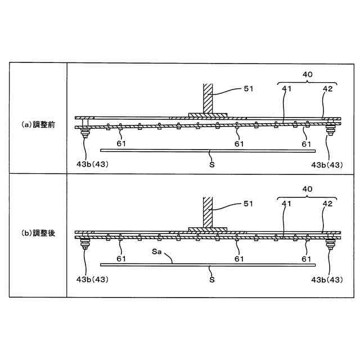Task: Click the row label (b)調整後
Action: [37, 232]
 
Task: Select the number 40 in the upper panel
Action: [307, 74]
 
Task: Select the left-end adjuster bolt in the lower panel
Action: [86, 244]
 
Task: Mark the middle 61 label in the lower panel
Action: [239, 259]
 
